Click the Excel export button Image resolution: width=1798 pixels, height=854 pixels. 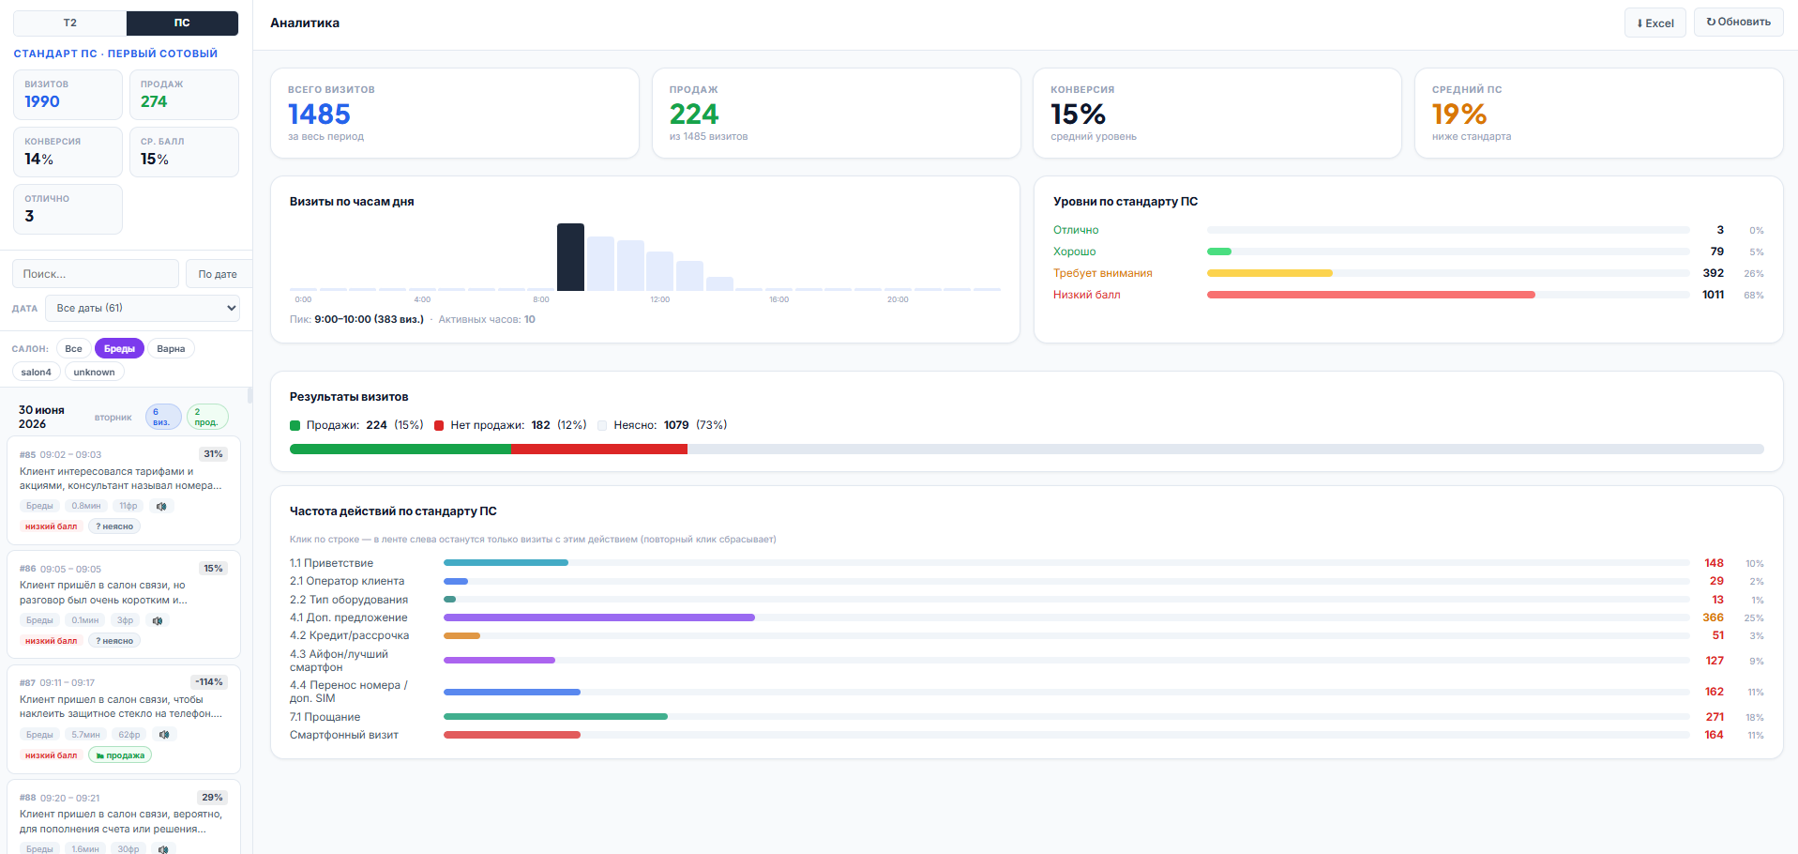click(x=1654, y=23)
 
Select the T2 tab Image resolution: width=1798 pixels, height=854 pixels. click(x=69, y=23)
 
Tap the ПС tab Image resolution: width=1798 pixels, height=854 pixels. click(x=182, y=23)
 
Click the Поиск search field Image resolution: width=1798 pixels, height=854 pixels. click(x=95, y=274)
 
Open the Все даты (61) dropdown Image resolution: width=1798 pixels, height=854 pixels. click(x=143, y=308)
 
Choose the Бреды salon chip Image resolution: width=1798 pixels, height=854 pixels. click(x=119, y=349)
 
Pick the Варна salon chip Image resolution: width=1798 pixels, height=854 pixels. click(x=171, y=349)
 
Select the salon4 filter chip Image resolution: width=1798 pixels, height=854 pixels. click(x=37, y=373)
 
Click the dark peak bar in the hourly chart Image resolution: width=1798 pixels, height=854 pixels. click(x=570, y=257)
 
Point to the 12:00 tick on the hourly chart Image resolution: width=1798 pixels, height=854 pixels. click(x=660, y=299)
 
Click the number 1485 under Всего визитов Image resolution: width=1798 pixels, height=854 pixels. click(x=319, y=114)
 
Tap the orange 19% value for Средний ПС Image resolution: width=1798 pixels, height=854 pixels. click(x=1458, y=114)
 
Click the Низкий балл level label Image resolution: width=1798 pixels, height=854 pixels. click(x=1086, y=295)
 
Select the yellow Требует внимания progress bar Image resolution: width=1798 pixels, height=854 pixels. click(x=1269, y=273)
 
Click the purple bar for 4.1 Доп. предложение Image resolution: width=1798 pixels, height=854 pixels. click(x=599, y=618)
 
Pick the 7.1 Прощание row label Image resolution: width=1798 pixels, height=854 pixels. click(x=325, y=717)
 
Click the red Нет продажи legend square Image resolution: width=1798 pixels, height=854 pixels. click(x=439, y=425)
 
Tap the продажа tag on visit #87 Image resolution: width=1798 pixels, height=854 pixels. click(x=120, y=755)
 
